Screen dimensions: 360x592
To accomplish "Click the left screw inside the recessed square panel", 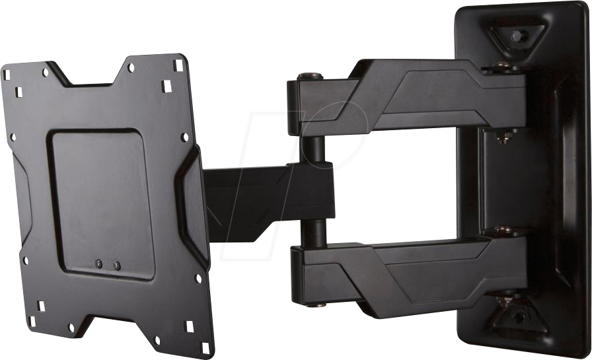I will pyautogui.click(x=99, y=264).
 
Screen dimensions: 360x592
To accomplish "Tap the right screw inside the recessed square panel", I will pyautogui.click(x=117, y=266).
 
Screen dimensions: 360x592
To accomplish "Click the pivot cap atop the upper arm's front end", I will pyautogui.click(x=310, y=77).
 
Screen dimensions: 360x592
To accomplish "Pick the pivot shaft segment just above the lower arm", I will pyautogui.click(x=314, y=232).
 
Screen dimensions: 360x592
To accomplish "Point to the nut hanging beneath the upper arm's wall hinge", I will pyautogui.click(x=505, y=137).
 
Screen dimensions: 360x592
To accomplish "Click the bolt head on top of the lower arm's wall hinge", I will pyautogui.click(x=505, y=231).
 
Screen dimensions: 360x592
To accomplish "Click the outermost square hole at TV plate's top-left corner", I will pyautogui.click(x=7, y=74).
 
